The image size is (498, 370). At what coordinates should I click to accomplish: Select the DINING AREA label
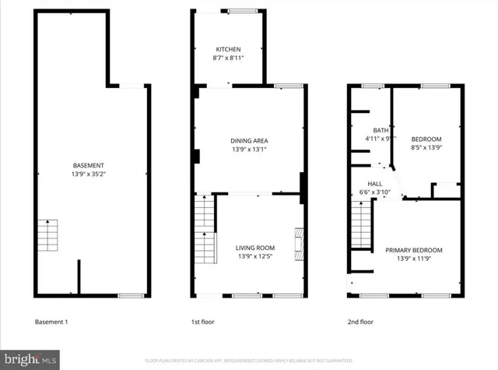pos(249,140)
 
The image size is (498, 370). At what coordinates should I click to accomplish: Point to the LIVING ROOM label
pos(255,248)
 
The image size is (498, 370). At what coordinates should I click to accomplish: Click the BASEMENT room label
pos(88,165)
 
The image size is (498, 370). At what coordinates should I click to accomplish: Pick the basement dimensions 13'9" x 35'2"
pos(88,174)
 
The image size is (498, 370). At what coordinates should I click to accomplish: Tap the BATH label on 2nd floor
pos(381,130)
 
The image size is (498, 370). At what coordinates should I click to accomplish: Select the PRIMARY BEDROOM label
pos(413,250)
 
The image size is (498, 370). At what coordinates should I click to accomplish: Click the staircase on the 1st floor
pos(204,230)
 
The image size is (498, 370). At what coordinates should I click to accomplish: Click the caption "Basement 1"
pos(52,322)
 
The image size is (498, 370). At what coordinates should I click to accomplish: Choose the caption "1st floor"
pos(202,322)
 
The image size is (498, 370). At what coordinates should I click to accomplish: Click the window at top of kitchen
pos(240,10)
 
